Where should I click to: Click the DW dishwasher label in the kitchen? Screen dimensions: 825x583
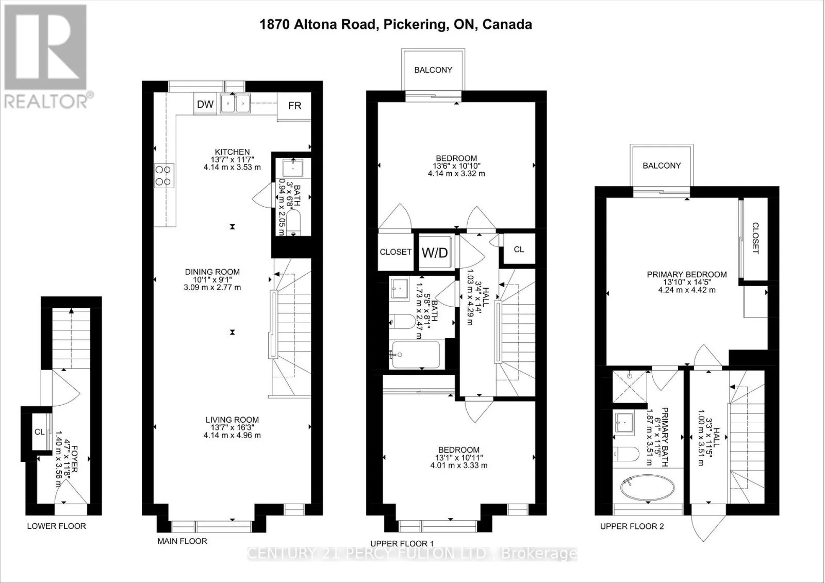click(205, 104)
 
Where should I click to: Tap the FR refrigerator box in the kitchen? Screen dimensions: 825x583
click(294, 106)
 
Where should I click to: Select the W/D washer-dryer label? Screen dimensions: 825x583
click(435, 253)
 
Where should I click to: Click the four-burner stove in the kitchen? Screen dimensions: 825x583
click(163, 175)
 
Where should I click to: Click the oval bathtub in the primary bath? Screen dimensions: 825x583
click(648, 488)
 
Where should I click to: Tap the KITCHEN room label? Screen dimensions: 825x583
click(232, 152)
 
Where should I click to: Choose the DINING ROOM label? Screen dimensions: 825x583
click(212, 272)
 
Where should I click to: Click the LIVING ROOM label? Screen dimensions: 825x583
click(232, 420)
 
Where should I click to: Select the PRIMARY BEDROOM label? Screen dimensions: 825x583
click(687, 274)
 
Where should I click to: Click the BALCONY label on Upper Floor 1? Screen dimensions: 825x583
click(433, 70)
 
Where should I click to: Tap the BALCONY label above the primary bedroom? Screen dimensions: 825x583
click(662, 166)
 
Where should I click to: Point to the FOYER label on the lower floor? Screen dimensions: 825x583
click(75, 459)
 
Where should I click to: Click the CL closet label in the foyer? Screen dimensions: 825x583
click(39, 432)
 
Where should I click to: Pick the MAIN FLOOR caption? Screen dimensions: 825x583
click(183, 541)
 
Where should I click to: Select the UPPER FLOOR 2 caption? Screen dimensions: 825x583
click(632, 526)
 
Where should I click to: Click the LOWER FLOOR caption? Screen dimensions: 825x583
click(56, 526)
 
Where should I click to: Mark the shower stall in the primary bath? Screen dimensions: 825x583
click(630, 386)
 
